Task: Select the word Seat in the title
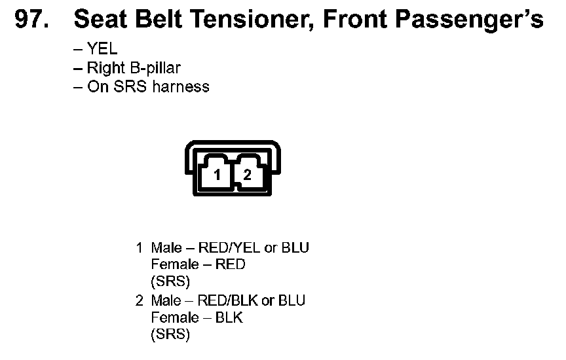(101, 20)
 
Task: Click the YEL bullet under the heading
(102, 50)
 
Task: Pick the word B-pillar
(155, 68)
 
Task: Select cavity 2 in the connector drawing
(248, 175)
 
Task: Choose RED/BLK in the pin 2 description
(227, 301)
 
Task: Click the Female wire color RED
(231, 265)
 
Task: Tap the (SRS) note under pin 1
(170, 282)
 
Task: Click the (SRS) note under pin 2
(170, 335)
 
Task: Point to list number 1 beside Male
(139, 248)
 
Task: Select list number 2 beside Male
(139, 301)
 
